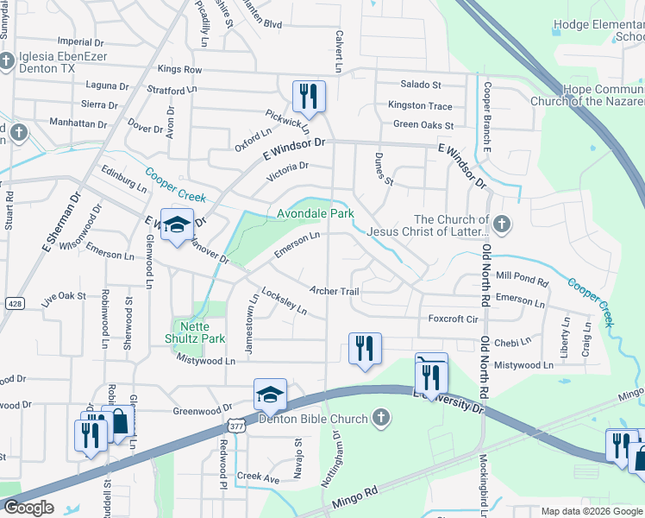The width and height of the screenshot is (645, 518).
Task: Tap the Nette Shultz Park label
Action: (x=201, y=332)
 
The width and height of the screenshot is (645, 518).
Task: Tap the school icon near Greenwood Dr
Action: (x=270, y=394)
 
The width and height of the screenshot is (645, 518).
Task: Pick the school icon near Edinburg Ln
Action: (x=177, y=226)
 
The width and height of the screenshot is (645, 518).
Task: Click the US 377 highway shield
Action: (x=237, y=424)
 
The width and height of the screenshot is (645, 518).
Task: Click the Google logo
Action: (x=28, y=508)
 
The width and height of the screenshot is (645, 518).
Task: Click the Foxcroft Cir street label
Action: (x=453, y=319)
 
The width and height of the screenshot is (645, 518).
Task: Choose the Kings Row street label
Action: (x=179, y=69)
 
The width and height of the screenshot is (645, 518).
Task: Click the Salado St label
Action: (x=420, y=85)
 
